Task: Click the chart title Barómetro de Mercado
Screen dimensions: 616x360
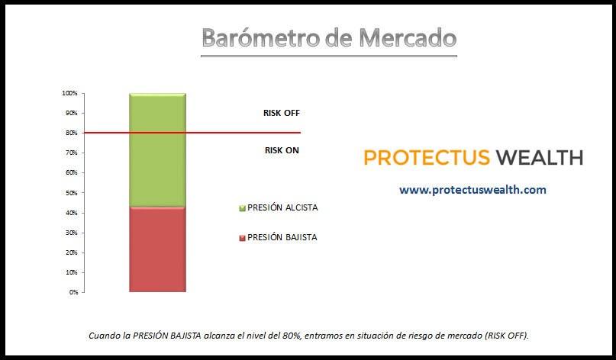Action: click(329, 38)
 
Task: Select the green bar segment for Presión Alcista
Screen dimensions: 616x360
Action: click(157, 150)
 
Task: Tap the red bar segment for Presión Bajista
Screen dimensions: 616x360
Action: click(157, 249)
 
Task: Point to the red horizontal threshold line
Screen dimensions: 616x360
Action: click(192, 133)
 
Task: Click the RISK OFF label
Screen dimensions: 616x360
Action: click(282, 113)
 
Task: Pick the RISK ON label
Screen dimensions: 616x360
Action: click(282, 150)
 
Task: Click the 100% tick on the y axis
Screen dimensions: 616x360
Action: click(69, 93)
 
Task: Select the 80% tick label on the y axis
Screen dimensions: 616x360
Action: click(72, 133)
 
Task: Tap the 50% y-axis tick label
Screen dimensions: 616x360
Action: click(72, 193)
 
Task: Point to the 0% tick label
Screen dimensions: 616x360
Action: click(73, 292)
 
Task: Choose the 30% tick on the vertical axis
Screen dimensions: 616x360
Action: click(72, 233)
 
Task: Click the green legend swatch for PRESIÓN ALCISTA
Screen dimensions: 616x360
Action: click(242, 208)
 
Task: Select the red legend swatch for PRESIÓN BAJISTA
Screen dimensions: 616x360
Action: click(242, 238)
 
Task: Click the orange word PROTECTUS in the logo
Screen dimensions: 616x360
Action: click(427, 158)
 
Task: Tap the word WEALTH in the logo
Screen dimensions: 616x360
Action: click(540, 158)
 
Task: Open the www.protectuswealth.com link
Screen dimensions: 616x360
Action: click(472, 190)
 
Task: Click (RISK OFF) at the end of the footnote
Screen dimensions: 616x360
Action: click(506, 336)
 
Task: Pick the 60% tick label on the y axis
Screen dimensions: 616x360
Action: click(72, 172)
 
